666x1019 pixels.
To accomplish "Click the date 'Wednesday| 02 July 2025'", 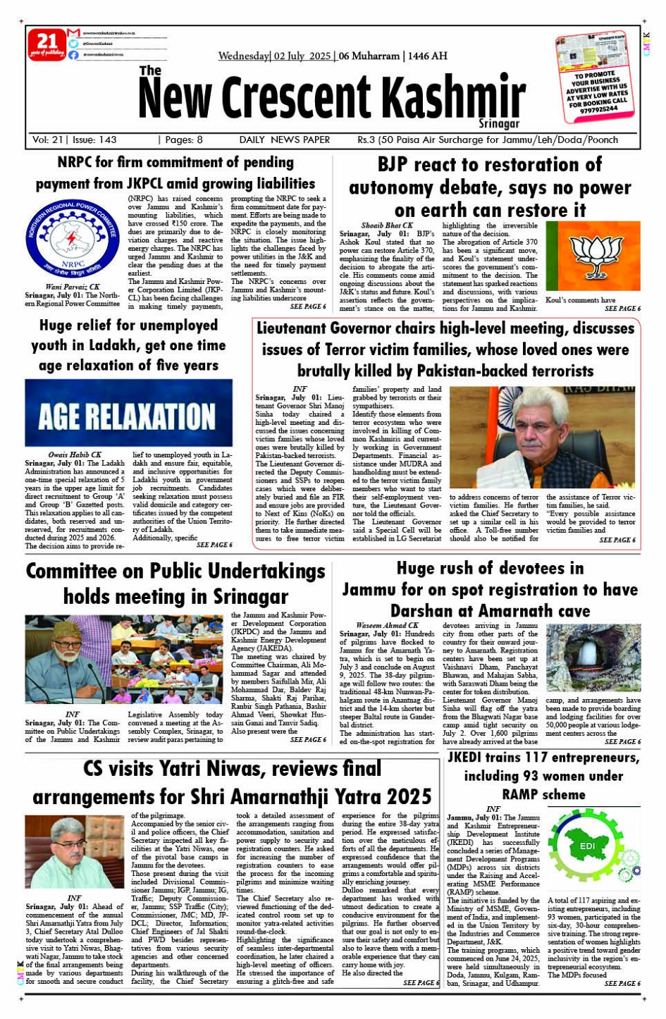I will [x=275, y=56].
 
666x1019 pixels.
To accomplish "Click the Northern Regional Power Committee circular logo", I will [x=73, y=239].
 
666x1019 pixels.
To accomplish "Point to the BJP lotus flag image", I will [x=593, y=256].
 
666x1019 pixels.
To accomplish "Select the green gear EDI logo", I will [x=588, y=848].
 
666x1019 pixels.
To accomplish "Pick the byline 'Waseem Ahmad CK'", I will [x=387, y=625].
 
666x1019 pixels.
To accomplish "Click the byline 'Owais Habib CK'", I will [x=75, y=455].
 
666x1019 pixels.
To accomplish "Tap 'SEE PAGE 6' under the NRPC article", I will [x=308, y=307].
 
